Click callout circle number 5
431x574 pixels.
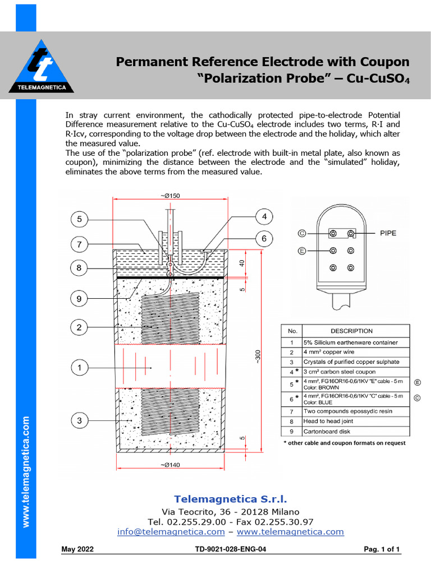point(80,219)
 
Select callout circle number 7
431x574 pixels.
point(80,244)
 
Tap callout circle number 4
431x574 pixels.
point(264,216)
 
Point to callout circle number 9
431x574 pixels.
point(80,299)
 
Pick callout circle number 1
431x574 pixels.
point(80,368)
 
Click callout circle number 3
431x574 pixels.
point(80,420)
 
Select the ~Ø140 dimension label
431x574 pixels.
point(170,465)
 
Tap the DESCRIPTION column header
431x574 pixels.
point(351,331)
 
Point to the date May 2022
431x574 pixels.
point(77,549)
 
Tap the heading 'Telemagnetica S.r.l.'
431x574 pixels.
point(230,498)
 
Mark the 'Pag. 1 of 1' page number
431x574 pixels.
point(382,549)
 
